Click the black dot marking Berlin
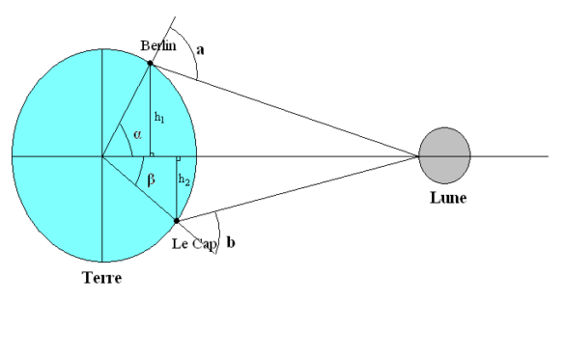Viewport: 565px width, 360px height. tap(150, 64)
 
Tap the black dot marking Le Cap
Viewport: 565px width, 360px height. tap(176, 221)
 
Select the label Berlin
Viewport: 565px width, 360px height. tap(156, 45)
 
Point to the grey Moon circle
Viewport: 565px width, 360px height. tap(444, 154)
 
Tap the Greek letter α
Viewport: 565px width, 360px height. tap(137, 136)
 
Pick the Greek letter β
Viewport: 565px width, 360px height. tap(149, 179)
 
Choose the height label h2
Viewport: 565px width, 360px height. tap(184, 180)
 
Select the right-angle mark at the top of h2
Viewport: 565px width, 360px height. tap(178, 158)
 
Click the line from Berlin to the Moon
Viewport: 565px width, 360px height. tap(290, 111)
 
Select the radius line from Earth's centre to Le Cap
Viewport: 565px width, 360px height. tap(139, 188)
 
